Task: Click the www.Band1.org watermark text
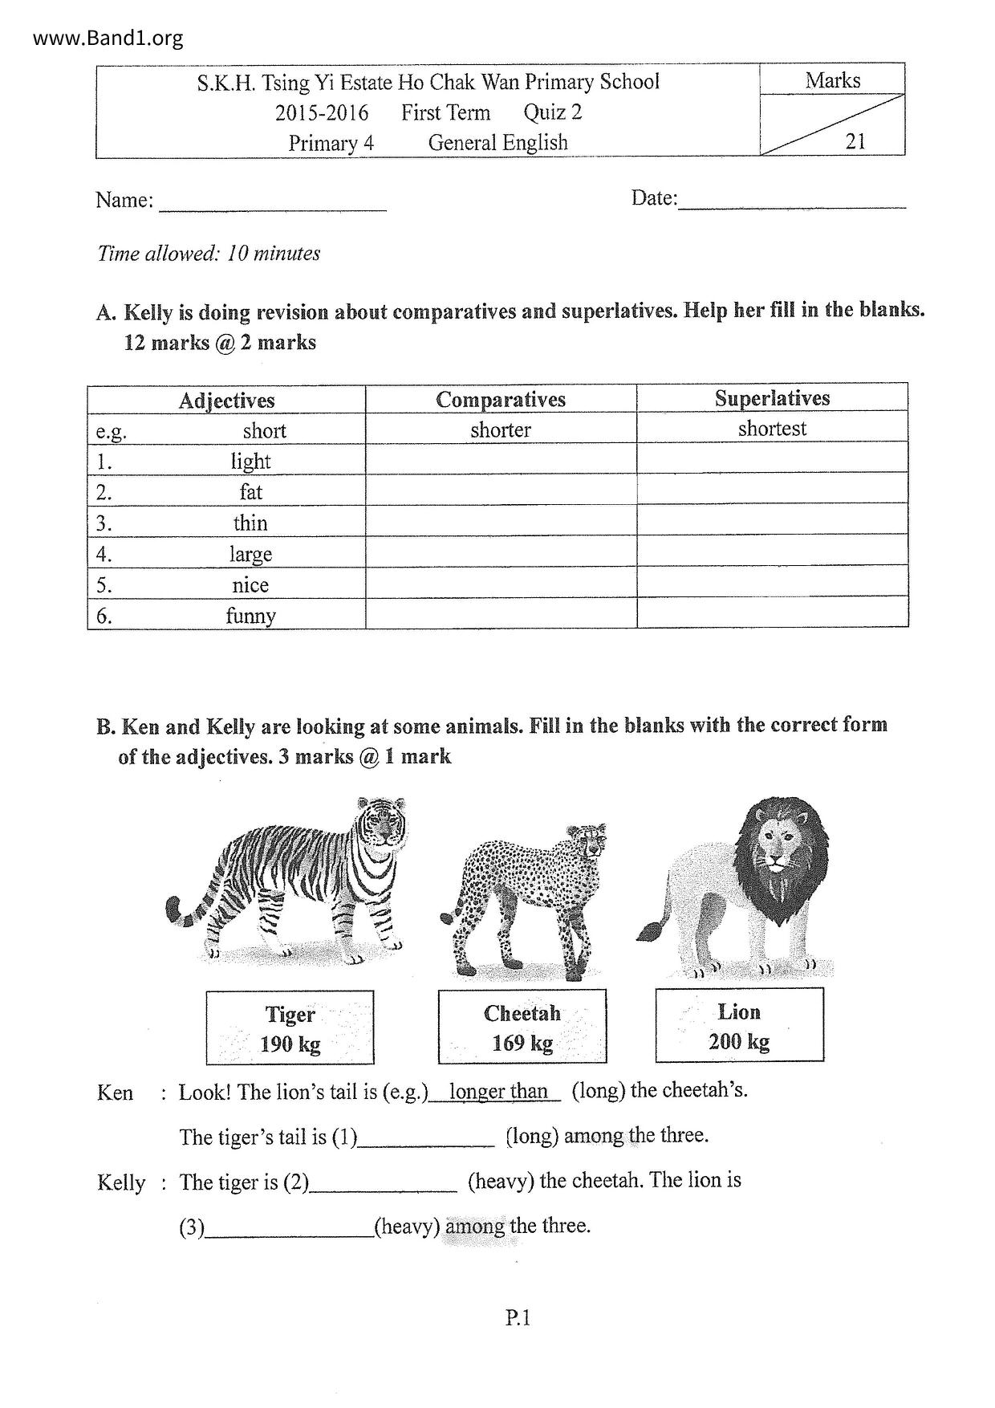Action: [x=108, y=38]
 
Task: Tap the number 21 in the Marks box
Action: [x=855, y=141]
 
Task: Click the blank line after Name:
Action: [x=273, y=205]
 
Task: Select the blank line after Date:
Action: [x=792, y=201]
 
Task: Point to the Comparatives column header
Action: [x=501, y=400]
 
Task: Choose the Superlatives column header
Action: [x=772, y=398]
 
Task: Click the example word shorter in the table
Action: [x=501, y=429]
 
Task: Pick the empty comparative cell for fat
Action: [x=501, y=490]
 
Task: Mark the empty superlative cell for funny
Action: [x=772, y=612]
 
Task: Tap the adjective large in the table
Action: [x=250, y=554]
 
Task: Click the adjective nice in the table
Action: [x=250, y=585]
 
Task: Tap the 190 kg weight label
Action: [x=290, y=1044]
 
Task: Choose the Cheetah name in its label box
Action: [x=522, y=1013]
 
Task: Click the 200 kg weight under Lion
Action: [x=739, y=1042]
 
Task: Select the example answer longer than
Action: [x=497, y=1091]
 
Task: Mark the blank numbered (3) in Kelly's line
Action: [x=289, y=1227]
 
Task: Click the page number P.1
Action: [x=518, y=1317]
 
